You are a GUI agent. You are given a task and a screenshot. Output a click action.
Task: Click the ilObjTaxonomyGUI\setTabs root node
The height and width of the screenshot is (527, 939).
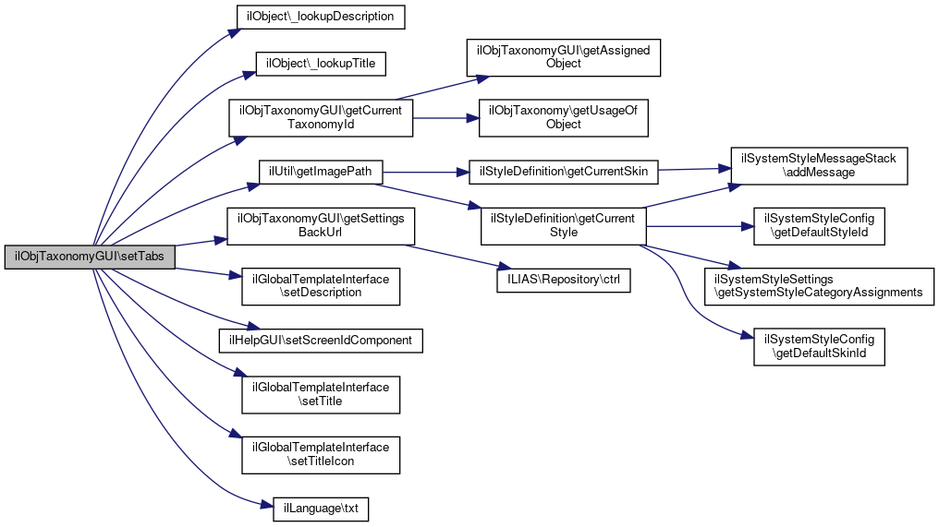pos(90,258)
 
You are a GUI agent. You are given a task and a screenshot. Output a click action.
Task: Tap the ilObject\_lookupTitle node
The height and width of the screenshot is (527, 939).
pos(321,64)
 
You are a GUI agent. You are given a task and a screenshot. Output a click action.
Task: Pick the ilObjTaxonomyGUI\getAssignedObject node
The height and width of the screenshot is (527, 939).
pos(564,56)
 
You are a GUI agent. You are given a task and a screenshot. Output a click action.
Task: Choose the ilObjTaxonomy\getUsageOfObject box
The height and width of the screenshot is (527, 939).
pos(564,117)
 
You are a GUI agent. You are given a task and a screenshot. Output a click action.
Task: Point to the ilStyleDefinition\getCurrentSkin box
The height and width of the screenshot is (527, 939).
pos(564,172)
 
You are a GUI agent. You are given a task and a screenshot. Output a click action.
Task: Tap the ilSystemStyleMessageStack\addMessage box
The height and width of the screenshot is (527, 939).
pos(819,165)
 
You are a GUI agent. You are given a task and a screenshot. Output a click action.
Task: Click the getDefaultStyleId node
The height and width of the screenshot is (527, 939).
pos(819,225)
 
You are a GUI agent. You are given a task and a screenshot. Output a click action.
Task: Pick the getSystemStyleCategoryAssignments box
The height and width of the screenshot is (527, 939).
pos(819,285)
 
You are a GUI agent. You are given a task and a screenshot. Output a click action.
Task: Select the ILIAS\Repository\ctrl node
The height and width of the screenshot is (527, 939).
pos(564,280)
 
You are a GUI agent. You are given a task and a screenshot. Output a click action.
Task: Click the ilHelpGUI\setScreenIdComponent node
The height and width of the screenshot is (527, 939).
pos(321,340)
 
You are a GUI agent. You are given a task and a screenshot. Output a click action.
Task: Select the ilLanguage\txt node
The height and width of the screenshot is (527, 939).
pos(321,509)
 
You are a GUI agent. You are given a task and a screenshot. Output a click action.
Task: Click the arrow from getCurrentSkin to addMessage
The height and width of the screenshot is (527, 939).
pos(693,170)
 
